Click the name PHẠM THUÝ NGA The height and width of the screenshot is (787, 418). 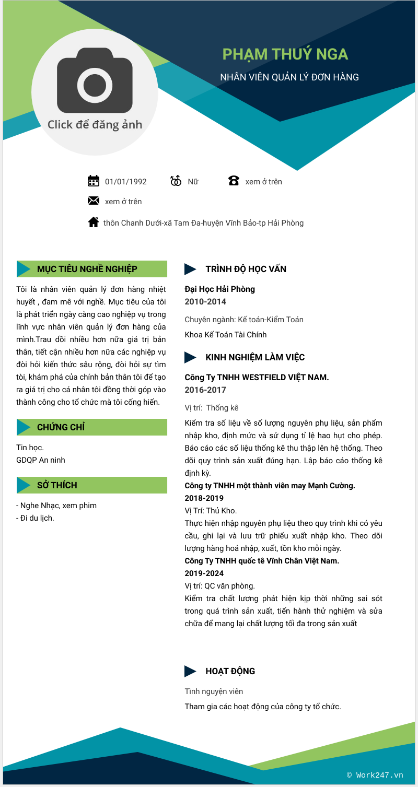pyautogui.click(x=285, y=54)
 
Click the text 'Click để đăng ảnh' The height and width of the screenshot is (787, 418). pyautogui.click(x=95, y=124)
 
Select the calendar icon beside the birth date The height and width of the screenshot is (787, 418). pyautogui.click(x=94, y=181)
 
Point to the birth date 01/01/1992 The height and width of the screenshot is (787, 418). pyautogui.click(x=126, y=182)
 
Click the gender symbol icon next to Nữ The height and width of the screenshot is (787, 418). pyautogui.click(x=176, y=181)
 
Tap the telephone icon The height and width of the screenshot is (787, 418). pyautogui.click(x=234, y=181)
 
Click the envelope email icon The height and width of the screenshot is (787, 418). pyautogui.click(x=94, y=201)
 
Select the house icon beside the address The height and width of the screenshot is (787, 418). pyautogui.click(x=94, y=222)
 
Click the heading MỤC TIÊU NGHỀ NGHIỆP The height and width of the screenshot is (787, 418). pyautogui.click(x=87, y=269)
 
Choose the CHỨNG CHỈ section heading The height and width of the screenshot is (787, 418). pyautogui.click(x=61, y=427)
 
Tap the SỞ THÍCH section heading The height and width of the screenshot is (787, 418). pyautogui.click(x=57, y=485)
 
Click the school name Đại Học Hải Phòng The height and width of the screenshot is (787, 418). pyautogui.click(x=220, y=289)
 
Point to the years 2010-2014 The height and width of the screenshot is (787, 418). pyautogui.click(x=205, y=301)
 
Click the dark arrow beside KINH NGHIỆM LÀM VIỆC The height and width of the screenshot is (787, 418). pyautogui.click(x=190, y=357)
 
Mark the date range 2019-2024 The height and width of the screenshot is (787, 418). pyautogui.click(x=204, y=573)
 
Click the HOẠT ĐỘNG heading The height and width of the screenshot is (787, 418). pyautogui.click(x=230, y=671)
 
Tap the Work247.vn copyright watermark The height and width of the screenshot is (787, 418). pyautogui.click(x=375, y=775)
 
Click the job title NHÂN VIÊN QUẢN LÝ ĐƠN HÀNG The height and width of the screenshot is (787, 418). pyautogui.click(x=289, y=77)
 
